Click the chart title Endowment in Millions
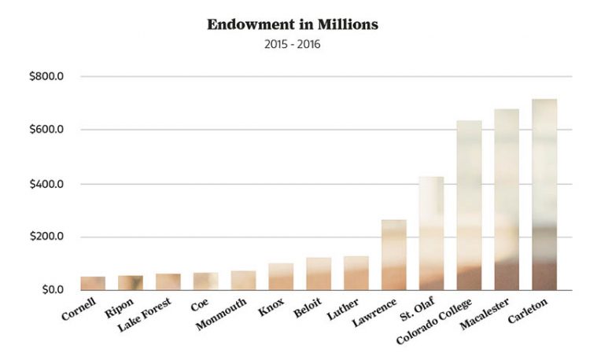[x=293, y=24]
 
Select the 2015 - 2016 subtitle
[x=293, y=45]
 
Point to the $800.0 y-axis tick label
[x=46, y=77]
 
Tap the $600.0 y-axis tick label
[x=46, y=130]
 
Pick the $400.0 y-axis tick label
[x=46, y=184]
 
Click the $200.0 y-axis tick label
[x=46, y=237]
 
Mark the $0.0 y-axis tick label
[x=53, y=290]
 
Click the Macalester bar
[x=507, y=200]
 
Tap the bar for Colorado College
[x=469, y=205]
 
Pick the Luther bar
[x=356, y=273]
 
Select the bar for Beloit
[x=319, y=274]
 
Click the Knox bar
[x=281, y=277]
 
